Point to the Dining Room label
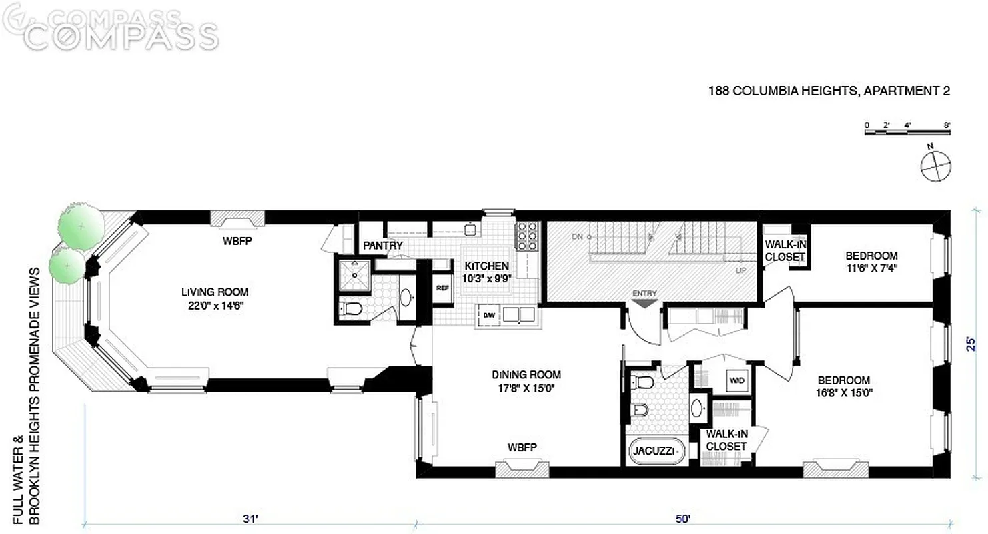tap(526, 380)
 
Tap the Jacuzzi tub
tap(657, 451)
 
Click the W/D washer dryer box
tap(736, 380)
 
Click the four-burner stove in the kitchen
tap(526, 235)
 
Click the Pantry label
tap(382, 246)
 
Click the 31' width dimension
tap(250, 517)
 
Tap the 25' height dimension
tap(973, 343)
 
